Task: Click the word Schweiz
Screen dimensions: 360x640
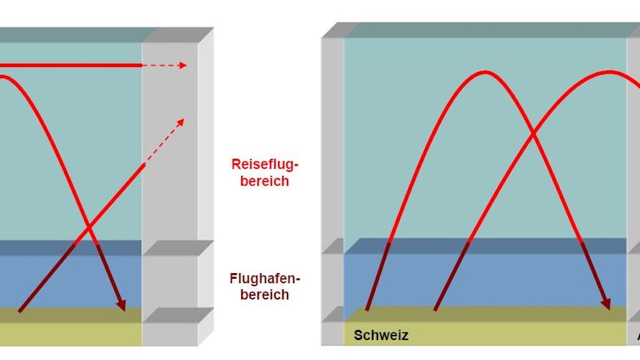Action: tap(381, 335)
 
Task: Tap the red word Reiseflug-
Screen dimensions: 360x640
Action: tap(266, 164)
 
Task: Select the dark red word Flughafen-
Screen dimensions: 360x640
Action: tap(264, 278)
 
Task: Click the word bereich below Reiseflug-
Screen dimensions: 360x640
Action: tap(266, 181)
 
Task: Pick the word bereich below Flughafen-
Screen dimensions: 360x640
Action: tap(264, 294)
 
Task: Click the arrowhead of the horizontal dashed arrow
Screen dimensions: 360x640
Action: tap(183, 65)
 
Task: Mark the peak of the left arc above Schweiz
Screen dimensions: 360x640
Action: tap(485, 72)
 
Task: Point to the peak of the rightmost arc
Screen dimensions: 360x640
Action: tap(609, 72)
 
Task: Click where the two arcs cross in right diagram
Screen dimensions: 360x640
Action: tap(532, 133)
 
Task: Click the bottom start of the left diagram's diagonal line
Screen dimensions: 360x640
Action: tap(19, 311)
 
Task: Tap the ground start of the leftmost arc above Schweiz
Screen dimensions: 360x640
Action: tap(367, 309)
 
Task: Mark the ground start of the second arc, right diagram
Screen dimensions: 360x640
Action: tap(435, 309)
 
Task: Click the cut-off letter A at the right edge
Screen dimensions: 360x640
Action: tap(637, 336)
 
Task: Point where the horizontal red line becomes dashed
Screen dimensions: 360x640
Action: tap(142, 65)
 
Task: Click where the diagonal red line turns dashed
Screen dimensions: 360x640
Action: tap(145, 164)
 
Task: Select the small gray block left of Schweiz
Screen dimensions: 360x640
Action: tap(332, 333)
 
